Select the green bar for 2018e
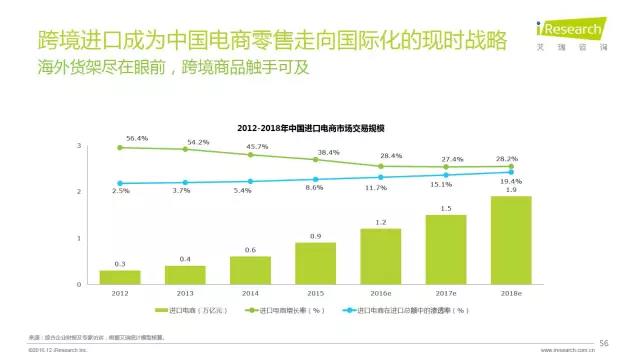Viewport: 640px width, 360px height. tap(510, 240)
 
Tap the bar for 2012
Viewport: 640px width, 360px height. tap(119, 277)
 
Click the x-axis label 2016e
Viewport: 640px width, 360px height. tap(380, 294)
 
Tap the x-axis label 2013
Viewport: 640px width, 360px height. tap(185, 294)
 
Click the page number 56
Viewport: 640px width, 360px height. tap(603, 343)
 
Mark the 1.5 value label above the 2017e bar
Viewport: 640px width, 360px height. tap(445, 208)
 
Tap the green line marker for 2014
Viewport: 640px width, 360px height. tap(250, 154)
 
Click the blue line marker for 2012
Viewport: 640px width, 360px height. tap(120, 183)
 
